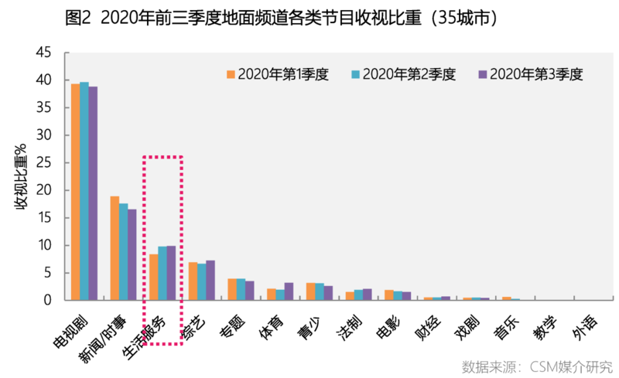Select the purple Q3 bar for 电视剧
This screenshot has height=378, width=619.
93,193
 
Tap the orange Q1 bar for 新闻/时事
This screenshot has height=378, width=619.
115,248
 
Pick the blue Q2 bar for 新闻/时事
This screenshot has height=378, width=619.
123,251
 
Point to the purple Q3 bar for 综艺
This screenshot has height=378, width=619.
210,280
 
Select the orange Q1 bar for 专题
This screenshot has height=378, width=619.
232,289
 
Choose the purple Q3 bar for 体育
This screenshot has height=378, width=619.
289,291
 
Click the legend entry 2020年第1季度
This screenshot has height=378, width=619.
278,74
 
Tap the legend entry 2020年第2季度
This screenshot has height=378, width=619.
403,74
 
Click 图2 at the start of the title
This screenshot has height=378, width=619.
80,16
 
